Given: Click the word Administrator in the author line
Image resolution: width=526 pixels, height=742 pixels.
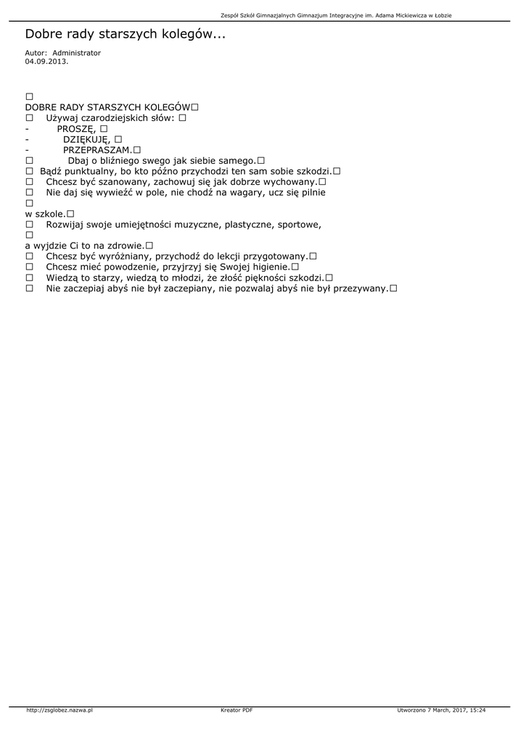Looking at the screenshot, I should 77,53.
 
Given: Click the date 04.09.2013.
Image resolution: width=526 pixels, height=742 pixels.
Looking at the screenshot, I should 46,61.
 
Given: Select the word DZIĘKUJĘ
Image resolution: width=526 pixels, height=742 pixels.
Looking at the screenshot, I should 86,139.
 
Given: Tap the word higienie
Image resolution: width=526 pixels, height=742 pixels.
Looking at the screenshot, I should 268,267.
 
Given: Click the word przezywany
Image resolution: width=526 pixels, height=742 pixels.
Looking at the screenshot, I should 360,288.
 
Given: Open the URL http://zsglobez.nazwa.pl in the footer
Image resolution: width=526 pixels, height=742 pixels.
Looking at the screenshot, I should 59,710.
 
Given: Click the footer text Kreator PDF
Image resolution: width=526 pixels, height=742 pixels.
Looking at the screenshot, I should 237,710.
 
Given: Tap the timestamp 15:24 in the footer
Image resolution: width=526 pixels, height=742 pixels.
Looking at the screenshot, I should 477,710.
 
